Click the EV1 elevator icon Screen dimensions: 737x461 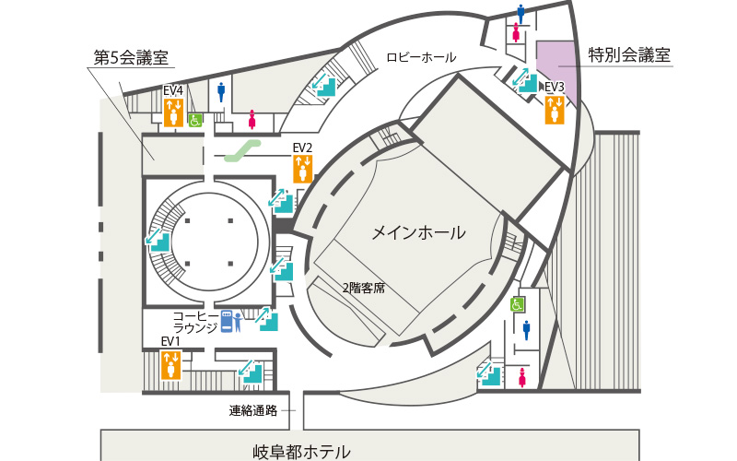tap(170, 365)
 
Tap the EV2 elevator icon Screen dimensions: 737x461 tap(303, 169)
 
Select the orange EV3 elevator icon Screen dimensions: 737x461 tap(555, 110)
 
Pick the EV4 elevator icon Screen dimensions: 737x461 tap(173, 112)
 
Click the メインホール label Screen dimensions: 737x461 tap(419, 233)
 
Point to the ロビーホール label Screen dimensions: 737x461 tap(421, 57)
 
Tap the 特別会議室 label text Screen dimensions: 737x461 tap(629, 55)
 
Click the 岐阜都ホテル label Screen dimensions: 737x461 tap(301, 452)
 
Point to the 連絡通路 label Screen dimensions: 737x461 tap(253, 410)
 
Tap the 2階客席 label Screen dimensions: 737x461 tap(363, 288)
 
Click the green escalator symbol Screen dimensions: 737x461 tap(242, 151)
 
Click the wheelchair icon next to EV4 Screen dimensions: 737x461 tap(195, 121)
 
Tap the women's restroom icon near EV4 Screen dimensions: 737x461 tap(252, 120)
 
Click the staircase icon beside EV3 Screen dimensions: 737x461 tap(524, 80)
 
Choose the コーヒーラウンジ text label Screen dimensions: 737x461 tap(195, 322)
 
